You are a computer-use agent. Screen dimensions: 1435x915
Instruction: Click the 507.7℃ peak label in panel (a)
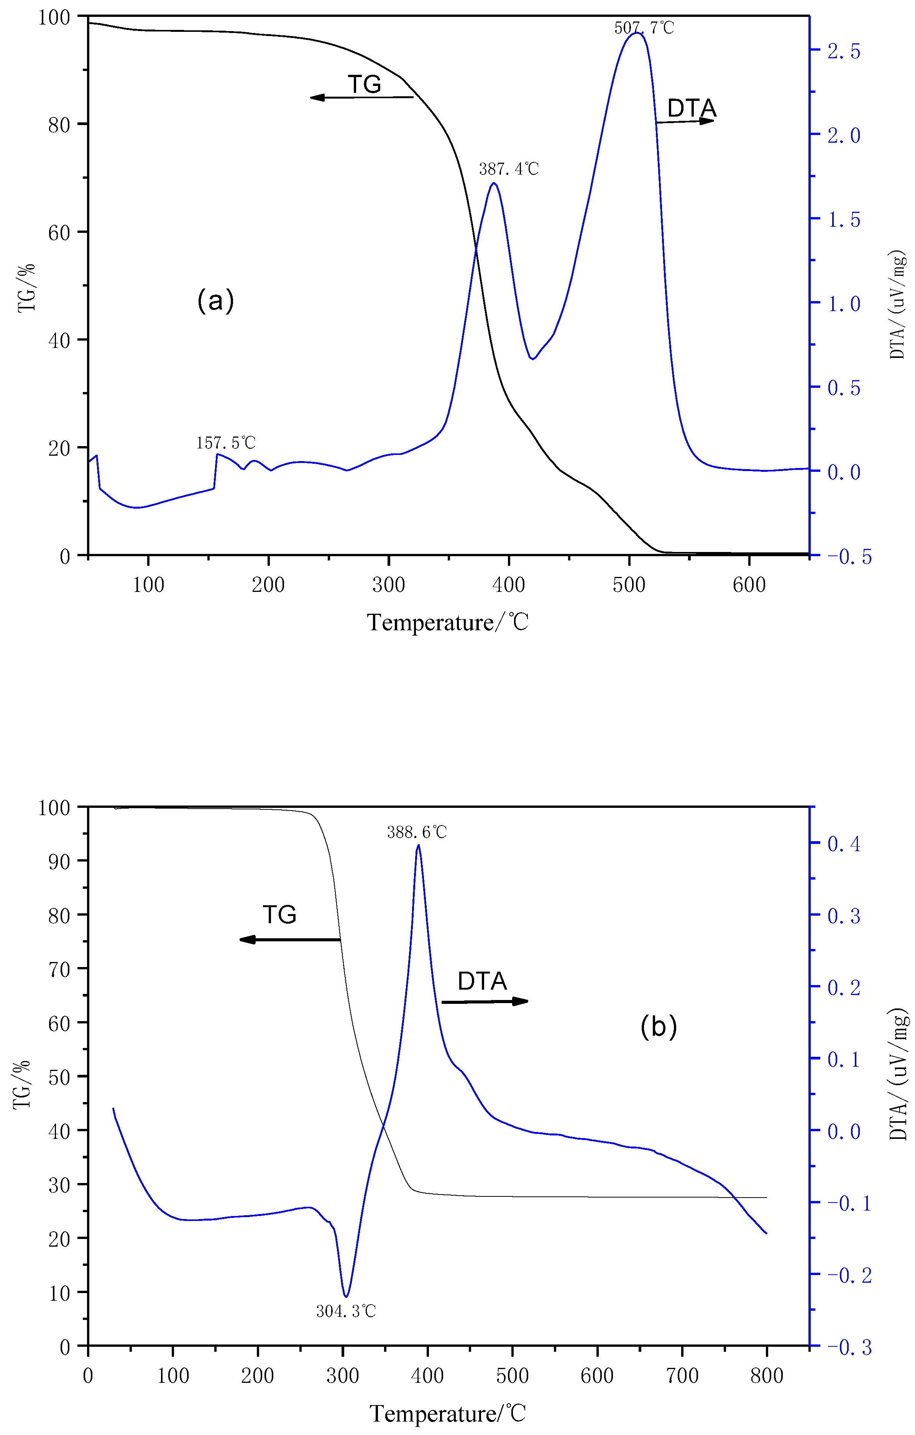click(644, 27)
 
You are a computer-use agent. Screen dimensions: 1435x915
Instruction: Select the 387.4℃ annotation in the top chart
click(509, 169)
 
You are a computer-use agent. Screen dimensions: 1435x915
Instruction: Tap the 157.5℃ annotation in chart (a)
click(226, 443)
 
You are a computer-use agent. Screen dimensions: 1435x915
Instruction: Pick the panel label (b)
click(658, 1026)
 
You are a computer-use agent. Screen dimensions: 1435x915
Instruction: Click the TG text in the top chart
click(364, 84)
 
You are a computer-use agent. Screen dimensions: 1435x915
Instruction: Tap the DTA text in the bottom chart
click(482, 981)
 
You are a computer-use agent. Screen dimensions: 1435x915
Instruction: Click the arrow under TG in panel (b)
click(289, 940)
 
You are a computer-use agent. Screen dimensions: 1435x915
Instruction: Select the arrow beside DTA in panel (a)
click(685, 122)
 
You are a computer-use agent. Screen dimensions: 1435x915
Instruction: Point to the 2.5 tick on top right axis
click(844, 51)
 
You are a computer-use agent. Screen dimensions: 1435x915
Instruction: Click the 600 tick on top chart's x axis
click(749, 585)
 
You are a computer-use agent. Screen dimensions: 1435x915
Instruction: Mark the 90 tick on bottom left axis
click(59, 861)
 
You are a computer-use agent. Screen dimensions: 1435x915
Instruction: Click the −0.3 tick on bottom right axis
click(848, 1348)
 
